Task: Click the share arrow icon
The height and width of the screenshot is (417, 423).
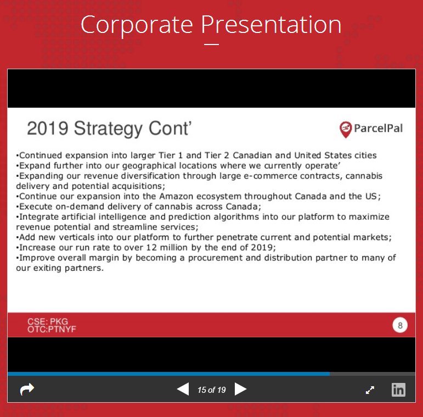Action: [x=27, y=389]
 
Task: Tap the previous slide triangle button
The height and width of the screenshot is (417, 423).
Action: [x=183, y=390]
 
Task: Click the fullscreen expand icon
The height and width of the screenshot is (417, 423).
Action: [x=370, y=390]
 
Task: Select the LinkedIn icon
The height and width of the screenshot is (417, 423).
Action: [x=398, y=390]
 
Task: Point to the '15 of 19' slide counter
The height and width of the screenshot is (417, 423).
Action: [x=212, y=390]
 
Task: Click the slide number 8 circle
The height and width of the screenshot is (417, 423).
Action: [x=400, y=325]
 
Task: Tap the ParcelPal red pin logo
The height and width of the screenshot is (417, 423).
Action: [x=346, y=129]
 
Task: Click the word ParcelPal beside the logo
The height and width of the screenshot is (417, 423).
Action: [x=378, y=129]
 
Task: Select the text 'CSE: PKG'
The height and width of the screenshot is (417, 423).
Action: [x=48, y=321]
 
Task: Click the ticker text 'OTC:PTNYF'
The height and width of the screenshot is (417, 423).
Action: [x=52, y=329]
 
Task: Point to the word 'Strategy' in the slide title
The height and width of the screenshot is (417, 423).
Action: [x=109, y=129]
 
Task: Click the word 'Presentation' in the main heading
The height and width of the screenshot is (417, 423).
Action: [x=271, y=25]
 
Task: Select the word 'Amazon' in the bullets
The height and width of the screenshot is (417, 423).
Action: [x=176, y=196]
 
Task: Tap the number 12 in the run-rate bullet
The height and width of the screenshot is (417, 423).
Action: [x=151, y=247]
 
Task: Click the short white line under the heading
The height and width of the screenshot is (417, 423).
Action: [x=212, y=45]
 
